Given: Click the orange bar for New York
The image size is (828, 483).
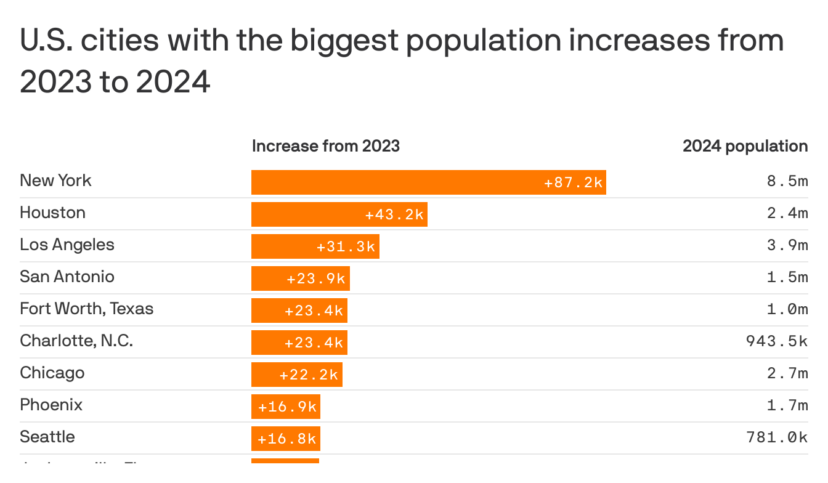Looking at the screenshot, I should (x=428, y=182).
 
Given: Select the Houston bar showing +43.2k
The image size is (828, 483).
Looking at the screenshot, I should (x=339, y=214).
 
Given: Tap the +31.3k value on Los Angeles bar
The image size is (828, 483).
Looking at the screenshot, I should (x=346, y=246).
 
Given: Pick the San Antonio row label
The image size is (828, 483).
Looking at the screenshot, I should (x=67, y=277).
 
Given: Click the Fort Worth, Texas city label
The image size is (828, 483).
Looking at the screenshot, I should (x=87, y=309).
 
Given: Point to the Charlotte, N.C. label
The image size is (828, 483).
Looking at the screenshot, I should (x=76, y=341).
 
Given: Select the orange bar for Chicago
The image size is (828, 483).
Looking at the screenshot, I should (x=296, y=375).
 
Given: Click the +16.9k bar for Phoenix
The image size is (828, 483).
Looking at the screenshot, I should (x=285, y=407).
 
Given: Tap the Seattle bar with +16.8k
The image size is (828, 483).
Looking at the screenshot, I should (x=285, y=439).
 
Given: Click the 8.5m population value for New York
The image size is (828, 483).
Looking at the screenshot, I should (x=787, y=182).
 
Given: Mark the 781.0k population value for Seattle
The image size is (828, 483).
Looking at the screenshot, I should (x=776, y=438).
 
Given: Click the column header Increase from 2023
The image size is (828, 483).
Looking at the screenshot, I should (x=326, y=146).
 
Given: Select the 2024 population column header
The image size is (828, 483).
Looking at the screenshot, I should (x=745, y=146).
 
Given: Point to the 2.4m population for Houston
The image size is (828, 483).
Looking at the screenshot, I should (x=787, y=214).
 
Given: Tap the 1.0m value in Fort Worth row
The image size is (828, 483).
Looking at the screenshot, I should (x=787, y=310).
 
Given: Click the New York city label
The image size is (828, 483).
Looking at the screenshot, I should (x=55, y=181).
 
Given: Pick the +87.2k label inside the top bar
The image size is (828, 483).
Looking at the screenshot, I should (x=573, y=183).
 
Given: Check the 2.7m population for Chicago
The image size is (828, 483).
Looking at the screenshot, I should (x=787, y=374).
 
